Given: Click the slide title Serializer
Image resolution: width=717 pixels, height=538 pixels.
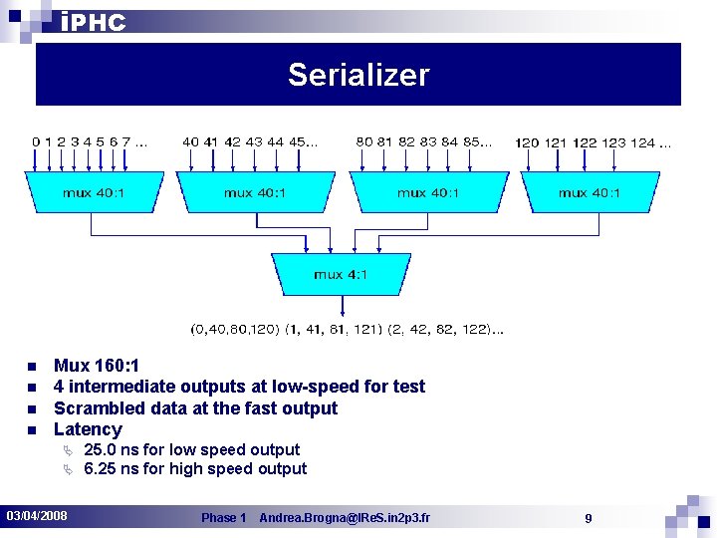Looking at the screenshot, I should click(358, 75).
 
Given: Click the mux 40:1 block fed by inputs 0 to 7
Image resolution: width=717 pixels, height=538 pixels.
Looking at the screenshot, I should click(93, 192).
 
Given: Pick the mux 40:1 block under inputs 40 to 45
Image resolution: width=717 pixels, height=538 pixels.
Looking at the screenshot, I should click(254, 192).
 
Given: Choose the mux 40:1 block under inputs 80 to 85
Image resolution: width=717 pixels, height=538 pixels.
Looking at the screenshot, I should click(427, 192).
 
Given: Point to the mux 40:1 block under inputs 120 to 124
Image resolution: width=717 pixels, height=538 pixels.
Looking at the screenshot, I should click(589, 192).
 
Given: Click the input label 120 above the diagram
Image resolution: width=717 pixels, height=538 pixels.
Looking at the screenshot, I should click(527, 142).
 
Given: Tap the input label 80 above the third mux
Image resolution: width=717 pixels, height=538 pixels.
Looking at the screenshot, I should click(364, 141).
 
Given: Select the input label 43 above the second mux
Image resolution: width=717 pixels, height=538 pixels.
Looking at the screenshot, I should click(253, 141).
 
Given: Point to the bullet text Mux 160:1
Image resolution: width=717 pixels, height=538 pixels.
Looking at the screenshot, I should click(96, 366).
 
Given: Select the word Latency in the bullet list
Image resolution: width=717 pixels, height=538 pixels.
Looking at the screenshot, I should click(88, 429).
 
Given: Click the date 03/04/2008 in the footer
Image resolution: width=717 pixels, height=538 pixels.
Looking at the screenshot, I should click(37, 516).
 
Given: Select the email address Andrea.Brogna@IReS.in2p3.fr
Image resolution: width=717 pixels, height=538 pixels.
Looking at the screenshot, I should click(345, 518).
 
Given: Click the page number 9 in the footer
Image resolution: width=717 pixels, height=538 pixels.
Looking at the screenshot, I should click(589, 518).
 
